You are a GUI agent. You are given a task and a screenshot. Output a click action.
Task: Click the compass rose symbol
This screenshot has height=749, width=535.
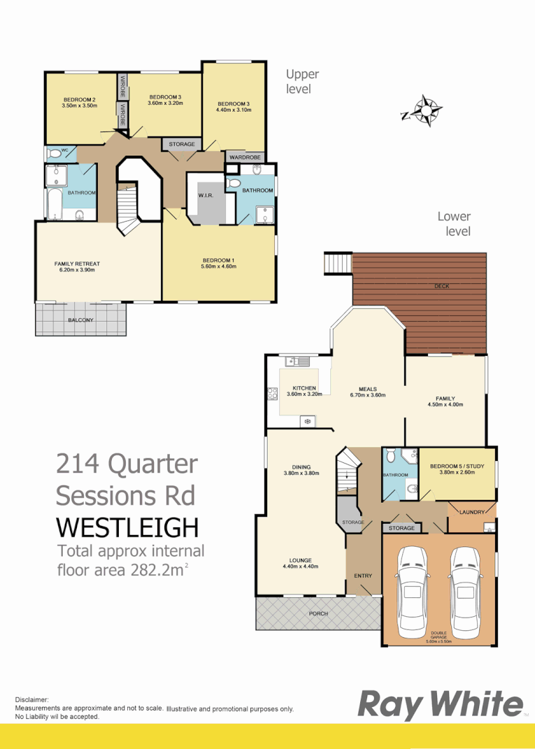[425, 110]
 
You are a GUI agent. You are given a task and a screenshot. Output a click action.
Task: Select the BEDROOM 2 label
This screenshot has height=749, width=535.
[79, 99]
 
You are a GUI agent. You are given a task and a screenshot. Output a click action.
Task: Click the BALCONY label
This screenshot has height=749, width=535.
[80, 320]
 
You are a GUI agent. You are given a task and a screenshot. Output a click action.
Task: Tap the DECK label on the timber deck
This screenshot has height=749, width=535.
[441, 285]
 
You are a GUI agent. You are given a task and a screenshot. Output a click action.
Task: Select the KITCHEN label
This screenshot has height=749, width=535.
[304, 388]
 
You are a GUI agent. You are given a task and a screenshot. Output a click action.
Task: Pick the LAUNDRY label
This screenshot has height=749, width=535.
[471, 512]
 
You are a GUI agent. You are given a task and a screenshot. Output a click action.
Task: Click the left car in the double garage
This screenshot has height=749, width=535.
[413, 590]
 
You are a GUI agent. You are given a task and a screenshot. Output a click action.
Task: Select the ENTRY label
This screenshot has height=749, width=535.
[363, 576]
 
